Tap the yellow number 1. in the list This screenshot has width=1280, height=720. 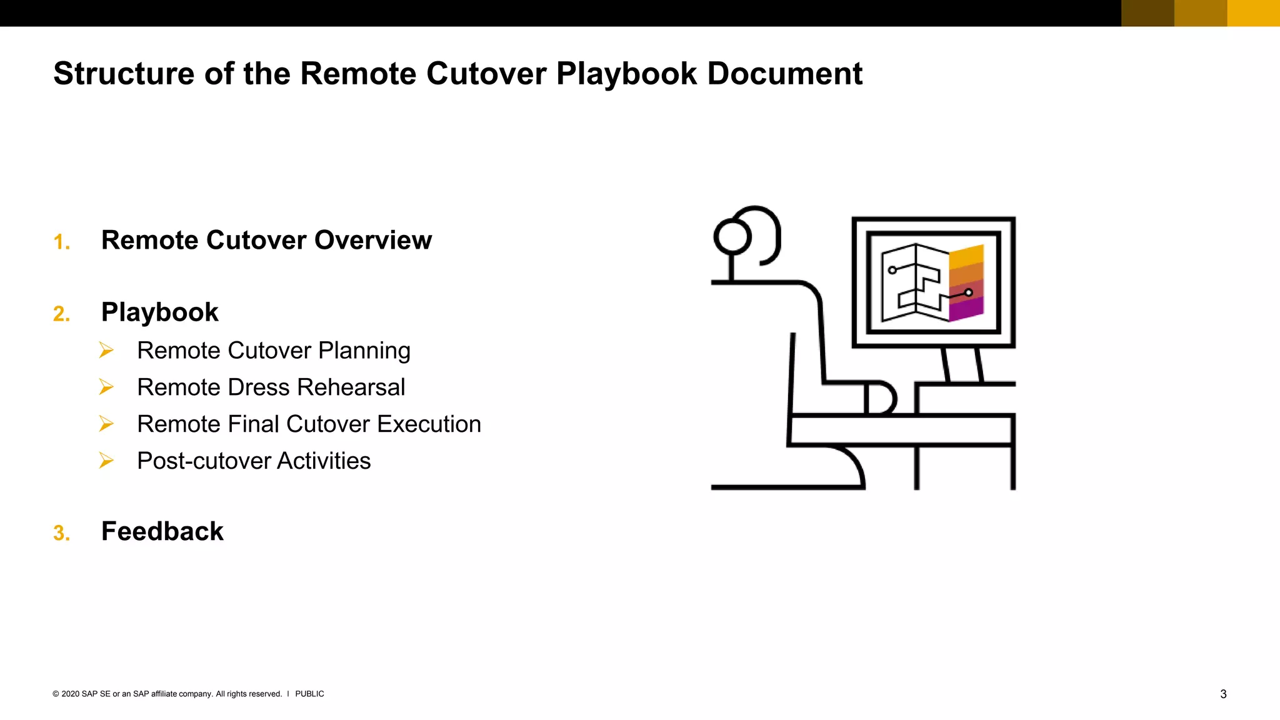pos(61,242)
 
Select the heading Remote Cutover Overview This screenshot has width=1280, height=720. pos(266,241)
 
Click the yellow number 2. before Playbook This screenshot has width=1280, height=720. pos(61,314)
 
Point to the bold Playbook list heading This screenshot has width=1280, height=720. pos(159,312)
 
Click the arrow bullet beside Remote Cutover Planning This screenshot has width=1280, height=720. pos(106,351)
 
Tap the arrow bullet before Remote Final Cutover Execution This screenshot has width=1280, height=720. pos(106,424)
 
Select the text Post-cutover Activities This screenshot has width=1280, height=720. pos(254,461)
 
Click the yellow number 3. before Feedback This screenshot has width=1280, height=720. pos(61,533)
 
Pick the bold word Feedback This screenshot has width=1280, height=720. pos(162,532)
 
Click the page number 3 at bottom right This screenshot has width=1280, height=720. pos(1223,694)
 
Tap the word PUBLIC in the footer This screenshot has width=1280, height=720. pos(309,694)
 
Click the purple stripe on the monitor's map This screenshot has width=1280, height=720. pos(966,309)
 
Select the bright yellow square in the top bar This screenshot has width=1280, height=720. pos(1253,13)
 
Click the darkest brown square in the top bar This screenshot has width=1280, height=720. pos(1147,13)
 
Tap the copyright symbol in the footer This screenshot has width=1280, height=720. pos(56,694)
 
